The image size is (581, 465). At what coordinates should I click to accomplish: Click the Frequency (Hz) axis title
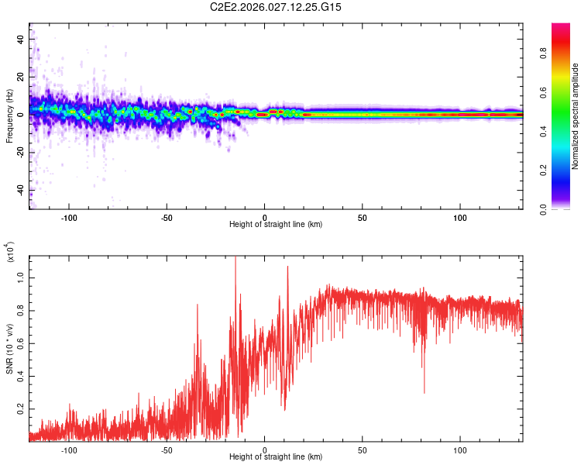tap(9, 116)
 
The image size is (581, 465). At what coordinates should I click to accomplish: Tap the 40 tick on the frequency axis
tap(20, 38)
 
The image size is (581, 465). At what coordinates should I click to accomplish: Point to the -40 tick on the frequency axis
tap(19, 191)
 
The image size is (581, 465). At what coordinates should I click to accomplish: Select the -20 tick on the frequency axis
tap(19, 153)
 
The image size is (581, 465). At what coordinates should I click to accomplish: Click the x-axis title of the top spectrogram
tap(276, 225)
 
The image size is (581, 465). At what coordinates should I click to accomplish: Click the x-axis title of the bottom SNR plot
tap(276, 456)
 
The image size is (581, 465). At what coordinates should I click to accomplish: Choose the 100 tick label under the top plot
tap(460, 217)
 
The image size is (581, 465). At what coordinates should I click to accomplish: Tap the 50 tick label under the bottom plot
tap(363, 449)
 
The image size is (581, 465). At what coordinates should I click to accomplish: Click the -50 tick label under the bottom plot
tap(166, 449)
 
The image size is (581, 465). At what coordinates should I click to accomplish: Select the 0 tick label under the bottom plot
tap(265, 449)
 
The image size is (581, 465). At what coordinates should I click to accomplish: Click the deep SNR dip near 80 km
tap(424, 392)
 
